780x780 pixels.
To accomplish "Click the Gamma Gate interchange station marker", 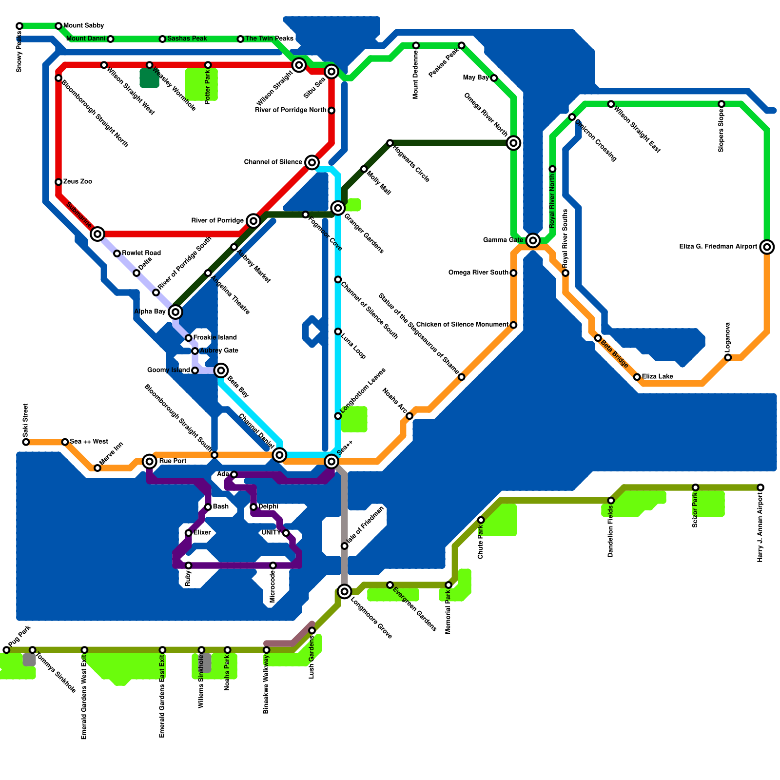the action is click(533, 240).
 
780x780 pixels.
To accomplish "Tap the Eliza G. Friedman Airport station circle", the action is click(767, 247).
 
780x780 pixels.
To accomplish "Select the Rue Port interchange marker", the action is click(150, 461).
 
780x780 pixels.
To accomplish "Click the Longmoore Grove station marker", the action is click(345, 591).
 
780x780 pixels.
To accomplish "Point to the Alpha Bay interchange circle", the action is click(175, 312).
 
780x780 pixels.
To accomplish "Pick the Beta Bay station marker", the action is click(221, 370).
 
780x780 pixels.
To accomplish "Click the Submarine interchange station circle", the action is click(97, 234).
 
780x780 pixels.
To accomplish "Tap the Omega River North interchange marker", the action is click(513, 143).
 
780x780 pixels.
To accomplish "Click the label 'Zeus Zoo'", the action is click(78, 182).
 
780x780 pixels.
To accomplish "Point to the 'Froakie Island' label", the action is click(215, 338).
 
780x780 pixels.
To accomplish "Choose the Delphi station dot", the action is click(253, 507).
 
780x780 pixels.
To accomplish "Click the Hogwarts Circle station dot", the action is click(390, 143).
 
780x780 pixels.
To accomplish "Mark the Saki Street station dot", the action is click(26, 442).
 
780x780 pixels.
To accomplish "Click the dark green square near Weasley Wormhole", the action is click(149, 78).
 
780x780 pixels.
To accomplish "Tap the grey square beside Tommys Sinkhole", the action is click(29, 660).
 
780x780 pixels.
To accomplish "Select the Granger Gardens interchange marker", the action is click(338, 208).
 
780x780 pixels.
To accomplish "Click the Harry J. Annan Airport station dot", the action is click(760, 487).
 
